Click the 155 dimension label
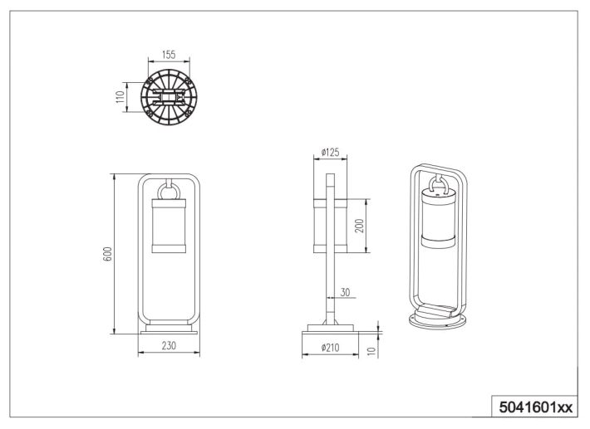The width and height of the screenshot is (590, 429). [169, 55]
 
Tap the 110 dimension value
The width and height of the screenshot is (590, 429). [120, 97]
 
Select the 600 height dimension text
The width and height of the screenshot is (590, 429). [107, 254]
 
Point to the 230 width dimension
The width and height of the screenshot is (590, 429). [169, 345]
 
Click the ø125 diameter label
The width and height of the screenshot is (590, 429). [330, 152]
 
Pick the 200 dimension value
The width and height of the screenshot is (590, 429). [359, 226]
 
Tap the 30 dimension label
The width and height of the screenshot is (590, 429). [345, 292]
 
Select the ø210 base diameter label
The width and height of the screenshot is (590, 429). [330, 348]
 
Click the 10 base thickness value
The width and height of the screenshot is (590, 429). [371, 351]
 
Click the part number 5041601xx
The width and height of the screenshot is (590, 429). [535, 407]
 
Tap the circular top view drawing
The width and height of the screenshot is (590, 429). [169, 97]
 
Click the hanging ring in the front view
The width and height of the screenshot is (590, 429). [169, 192]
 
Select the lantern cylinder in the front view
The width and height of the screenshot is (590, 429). [169, 226]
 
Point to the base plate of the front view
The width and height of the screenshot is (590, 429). [169, 333]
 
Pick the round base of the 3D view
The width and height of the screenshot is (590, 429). [438, 322]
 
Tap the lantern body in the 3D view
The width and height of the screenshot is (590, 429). [438, 218]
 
